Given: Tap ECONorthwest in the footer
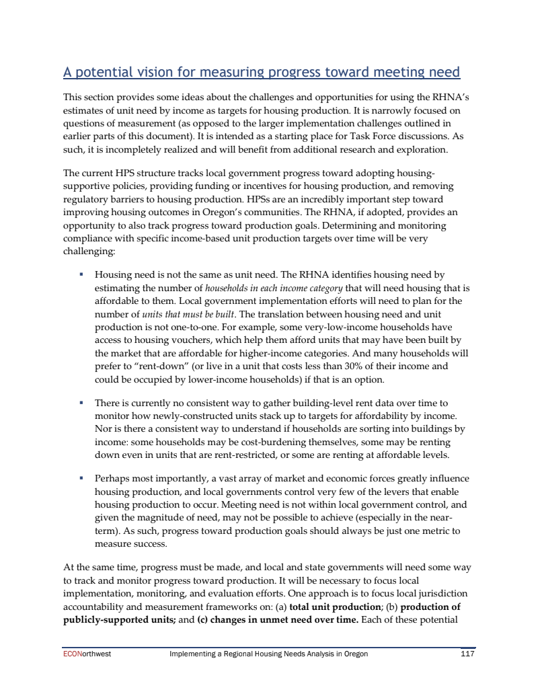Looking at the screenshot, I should tap(83, 653).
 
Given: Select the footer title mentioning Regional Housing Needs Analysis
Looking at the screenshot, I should tap(268, 653).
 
